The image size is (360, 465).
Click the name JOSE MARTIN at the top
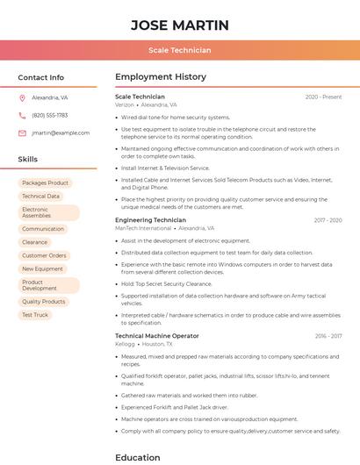click(x=179, y=25)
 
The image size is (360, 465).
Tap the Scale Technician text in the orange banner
click(x=179, y=51)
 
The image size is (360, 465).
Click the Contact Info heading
click(x=40, y=77)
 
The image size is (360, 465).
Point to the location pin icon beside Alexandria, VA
click(x=22, y=98)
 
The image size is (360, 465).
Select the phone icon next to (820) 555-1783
click(x=22, y=116)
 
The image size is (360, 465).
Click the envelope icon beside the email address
click(x=22, y=133)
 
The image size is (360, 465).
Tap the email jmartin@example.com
click(x=61, y=133)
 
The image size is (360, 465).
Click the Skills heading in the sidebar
click(x=28, y=160)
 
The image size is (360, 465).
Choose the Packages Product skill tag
click(x=46, y=183)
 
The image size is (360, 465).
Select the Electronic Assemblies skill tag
click(x=48, y=212)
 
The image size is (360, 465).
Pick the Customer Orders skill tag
click(x=45, y=256)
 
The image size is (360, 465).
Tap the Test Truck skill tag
click(x=35, y=315)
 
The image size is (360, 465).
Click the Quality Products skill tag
click(x=44, y=302)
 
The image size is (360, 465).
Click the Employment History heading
click(x=161, y=77)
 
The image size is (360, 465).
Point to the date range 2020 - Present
click(x=323, y=97)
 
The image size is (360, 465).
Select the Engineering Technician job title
click(x=150, y=220)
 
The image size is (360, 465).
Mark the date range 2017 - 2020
click(x=328, y=220)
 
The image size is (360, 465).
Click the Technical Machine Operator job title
click(x=157, y=336)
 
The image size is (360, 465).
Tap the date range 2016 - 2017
click(x=328, y=336)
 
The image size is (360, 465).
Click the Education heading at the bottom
click(x=138, y=457)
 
